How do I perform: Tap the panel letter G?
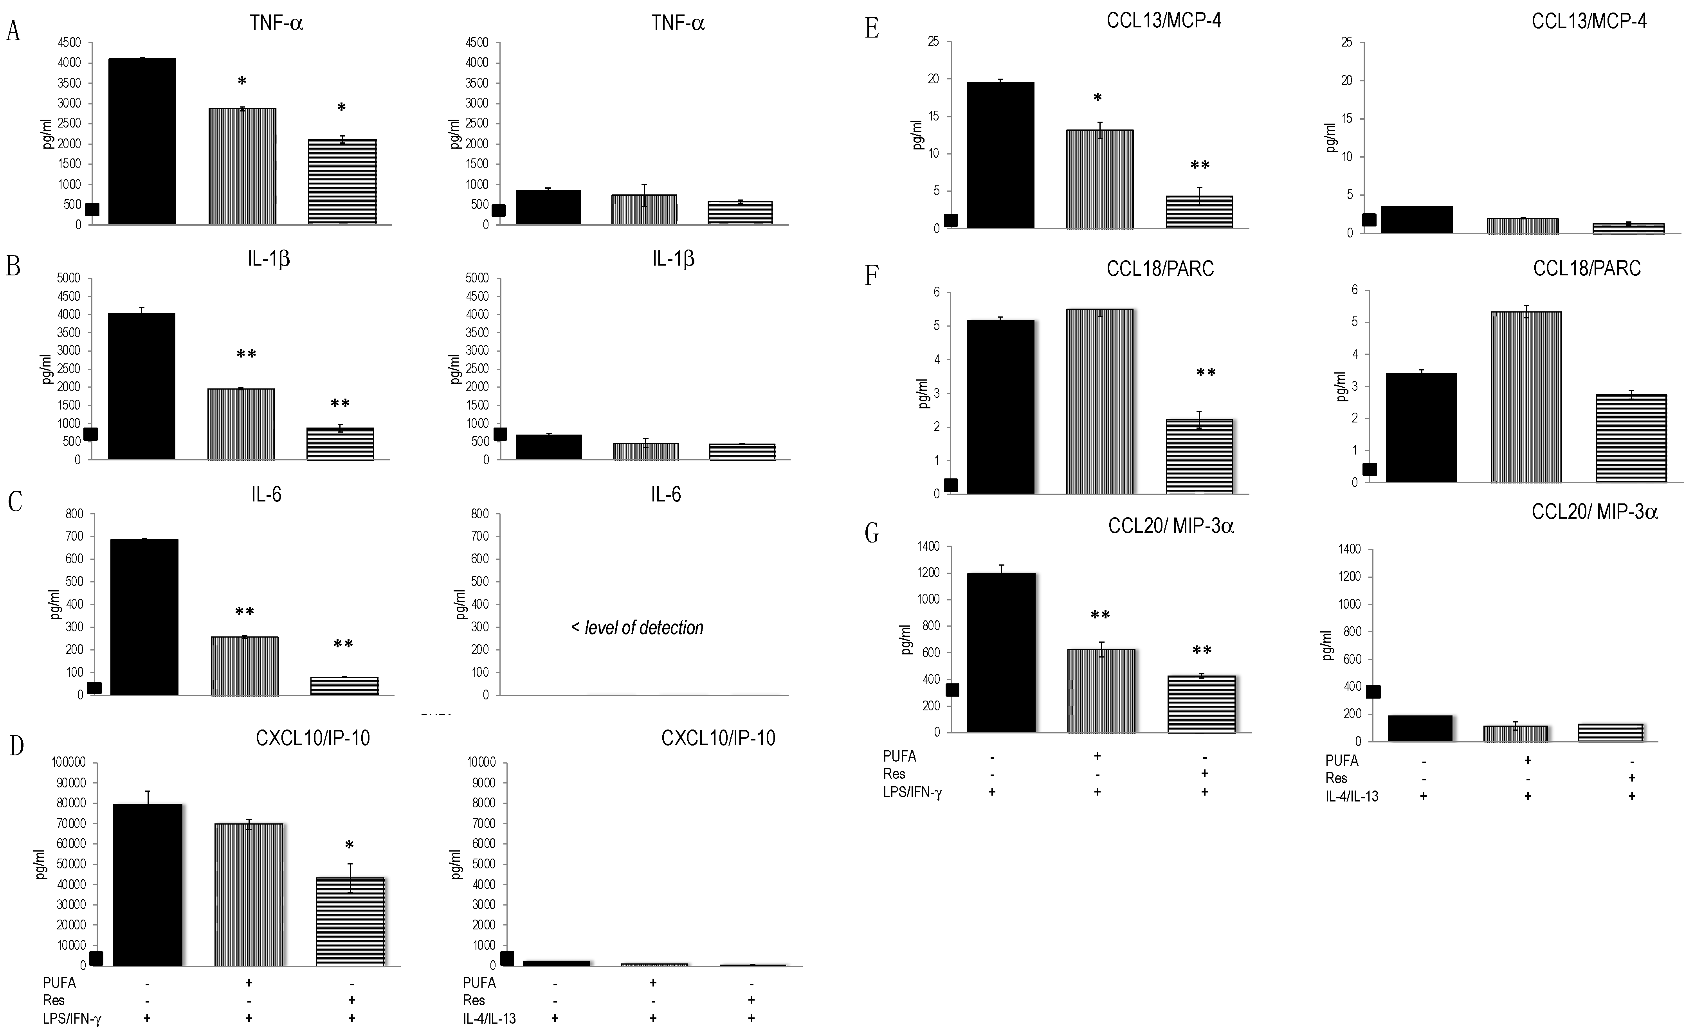[872, 533]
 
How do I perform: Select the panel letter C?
[14, 502]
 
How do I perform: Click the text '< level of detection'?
[637, 627]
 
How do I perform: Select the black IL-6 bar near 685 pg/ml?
[144, 616]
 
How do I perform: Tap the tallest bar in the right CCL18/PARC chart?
[1526, 397]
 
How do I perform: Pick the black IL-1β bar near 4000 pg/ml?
[142, 386]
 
